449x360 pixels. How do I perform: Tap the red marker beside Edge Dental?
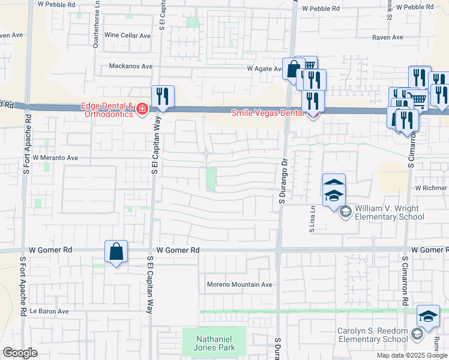142,109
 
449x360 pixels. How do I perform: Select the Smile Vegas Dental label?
268,112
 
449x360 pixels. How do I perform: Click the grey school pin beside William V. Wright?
345,211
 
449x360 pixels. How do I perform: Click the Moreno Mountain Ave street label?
240,284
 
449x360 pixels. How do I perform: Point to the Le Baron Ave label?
50,311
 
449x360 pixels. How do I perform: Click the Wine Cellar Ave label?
128,36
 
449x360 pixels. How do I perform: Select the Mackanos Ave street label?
131,66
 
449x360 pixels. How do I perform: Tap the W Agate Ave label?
265,69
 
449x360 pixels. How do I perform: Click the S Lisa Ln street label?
312,218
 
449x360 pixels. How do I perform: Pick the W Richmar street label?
431,188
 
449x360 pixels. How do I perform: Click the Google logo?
20,353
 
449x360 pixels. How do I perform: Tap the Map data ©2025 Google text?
412,355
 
